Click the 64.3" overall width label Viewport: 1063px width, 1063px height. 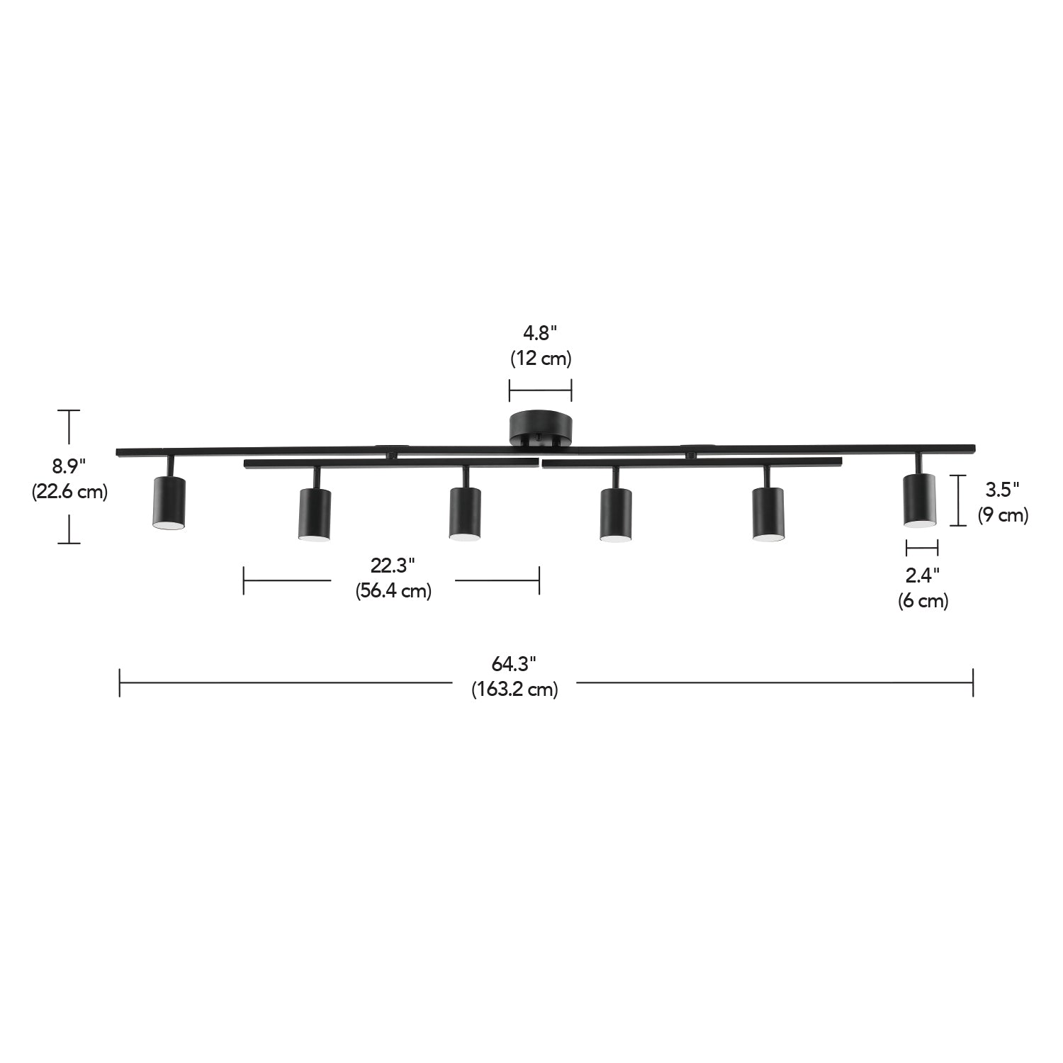514,664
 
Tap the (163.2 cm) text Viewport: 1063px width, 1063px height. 514,689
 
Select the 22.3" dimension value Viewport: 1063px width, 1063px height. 392,566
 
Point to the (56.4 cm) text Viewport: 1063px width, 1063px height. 393,590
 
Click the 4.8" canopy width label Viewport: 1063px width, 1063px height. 540,332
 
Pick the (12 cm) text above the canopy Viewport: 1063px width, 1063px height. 541,359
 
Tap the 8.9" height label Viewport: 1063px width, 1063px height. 69,466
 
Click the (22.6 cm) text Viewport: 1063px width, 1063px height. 69,491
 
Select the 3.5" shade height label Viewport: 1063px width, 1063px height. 1002,489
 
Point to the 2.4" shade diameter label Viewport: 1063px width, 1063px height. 922,574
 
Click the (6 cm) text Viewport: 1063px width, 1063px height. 923,601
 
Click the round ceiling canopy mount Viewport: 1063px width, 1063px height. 541,427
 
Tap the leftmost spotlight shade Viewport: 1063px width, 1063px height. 169,502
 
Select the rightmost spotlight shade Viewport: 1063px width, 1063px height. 919,500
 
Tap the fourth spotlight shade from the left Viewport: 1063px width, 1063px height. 616,514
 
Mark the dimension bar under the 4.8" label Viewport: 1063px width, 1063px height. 541,390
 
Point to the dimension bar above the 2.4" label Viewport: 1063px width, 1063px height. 922,547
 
